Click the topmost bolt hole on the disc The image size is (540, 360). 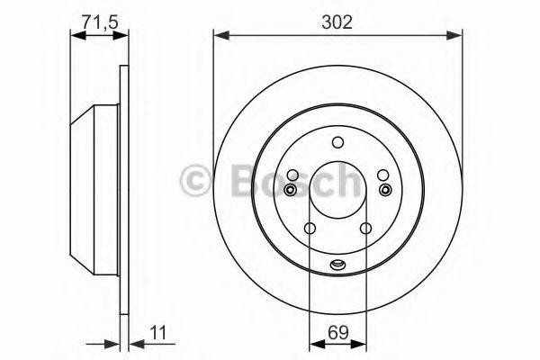coord(337,141)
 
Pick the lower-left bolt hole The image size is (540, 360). coord(309,229)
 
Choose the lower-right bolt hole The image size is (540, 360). coord(365,229)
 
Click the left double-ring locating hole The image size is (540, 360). coord(289,190)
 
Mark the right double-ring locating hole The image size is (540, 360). coord(386,190)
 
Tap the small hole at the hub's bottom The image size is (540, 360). coord(337,264)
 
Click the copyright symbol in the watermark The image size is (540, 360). coord(196,180)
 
